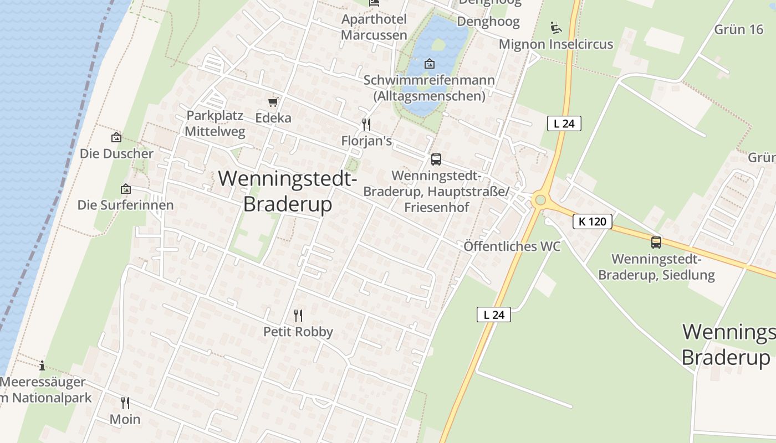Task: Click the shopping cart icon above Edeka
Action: pos(273,102)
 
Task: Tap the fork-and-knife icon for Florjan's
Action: pos(366,124)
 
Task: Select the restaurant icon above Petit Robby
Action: pos(298,316)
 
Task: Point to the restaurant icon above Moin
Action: pos(125,403)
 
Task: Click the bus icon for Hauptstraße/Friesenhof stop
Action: pos(436,159)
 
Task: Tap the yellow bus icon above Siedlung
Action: pos(656,242)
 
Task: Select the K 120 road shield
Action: pos(593,221)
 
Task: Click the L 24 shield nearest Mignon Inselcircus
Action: pos(564,123)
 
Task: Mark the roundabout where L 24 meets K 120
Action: pos(540,200)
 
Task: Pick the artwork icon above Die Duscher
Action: pos(116,137)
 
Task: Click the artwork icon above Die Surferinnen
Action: pos(126,189)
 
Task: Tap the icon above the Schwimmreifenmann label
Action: pos(429,64)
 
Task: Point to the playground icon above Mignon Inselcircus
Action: pos(556,27)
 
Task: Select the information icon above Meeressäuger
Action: pos(42,365)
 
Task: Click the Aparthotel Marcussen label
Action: pos(374,27)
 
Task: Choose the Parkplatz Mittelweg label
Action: pos(215,123)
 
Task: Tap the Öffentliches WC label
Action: pos(512,246)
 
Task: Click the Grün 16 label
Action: pos(738,29)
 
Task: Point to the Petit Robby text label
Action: pos(298,332)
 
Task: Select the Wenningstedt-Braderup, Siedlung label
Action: pos(656,266)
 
